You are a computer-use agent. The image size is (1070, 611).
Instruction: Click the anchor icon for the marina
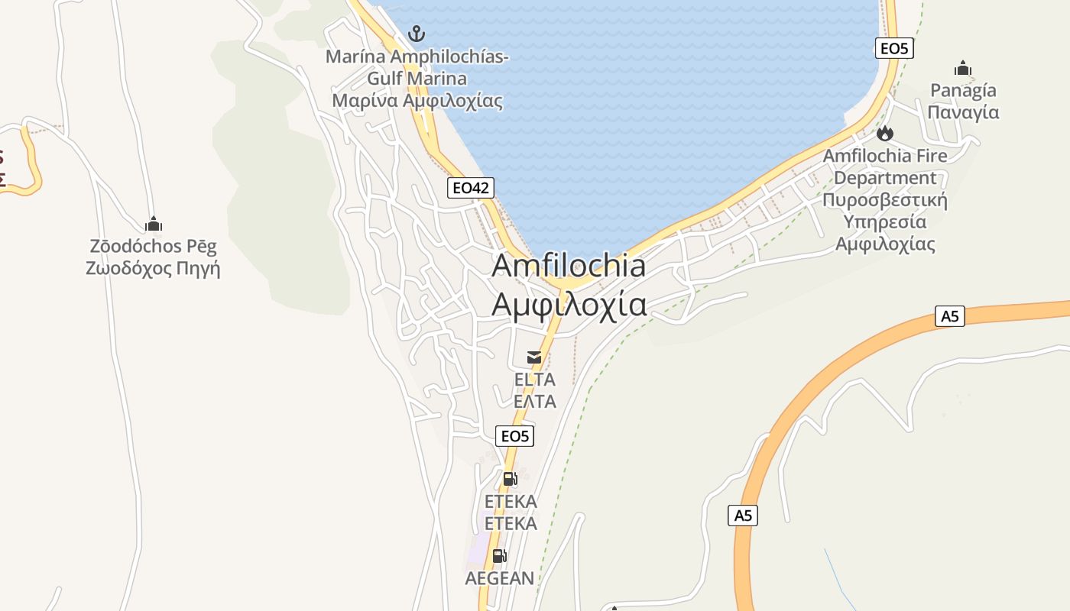416,34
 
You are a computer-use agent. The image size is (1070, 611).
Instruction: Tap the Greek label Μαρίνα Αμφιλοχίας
417,101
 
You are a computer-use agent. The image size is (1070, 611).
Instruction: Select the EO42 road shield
470,188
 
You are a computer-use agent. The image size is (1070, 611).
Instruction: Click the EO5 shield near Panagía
894,49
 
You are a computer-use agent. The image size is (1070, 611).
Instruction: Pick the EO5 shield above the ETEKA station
514,436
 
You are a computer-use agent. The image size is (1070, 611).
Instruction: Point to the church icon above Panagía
963,69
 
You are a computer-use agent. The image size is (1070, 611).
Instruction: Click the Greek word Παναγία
963,112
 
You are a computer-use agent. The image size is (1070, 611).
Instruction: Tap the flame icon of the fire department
885,134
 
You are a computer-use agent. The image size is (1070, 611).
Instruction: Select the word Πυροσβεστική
885,200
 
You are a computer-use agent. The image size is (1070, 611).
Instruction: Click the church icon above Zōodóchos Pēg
154,225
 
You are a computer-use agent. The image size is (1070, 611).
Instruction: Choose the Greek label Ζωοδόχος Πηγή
153,268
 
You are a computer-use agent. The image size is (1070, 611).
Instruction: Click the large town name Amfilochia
569,266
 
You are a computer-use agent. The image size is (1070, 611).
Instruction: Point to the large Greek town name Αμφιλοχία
569,304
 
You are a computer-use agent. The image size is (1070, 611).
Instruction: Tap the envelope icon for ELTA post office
534,357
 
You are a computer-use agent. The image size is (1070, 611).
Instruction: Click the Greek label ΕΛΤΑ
534,401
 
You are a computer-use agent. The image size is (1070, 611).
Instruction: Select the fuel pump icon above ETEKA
510,479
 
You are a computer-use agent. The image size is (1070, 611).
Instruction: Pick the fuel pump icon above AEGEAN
499,556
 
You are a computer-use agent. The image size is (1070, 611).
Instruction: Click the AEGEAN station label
500,578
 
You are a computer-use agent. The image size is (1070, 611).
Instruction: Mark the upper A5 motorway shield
949,316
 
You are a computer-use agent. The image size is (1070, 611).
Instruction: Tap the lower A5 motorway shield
743,516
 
